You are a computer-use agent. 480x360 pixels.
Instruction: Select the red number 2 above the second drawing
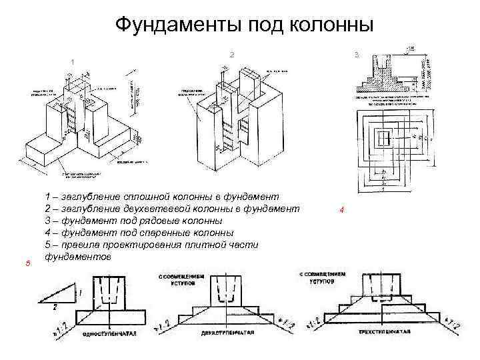click(x=231, y=53)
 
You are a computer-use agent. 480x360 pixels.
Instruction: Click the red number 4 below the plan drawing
click(x=341, y=210)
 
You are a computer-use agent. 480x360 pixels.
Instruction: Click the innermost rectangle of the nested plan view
click(x=384, y=139)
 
